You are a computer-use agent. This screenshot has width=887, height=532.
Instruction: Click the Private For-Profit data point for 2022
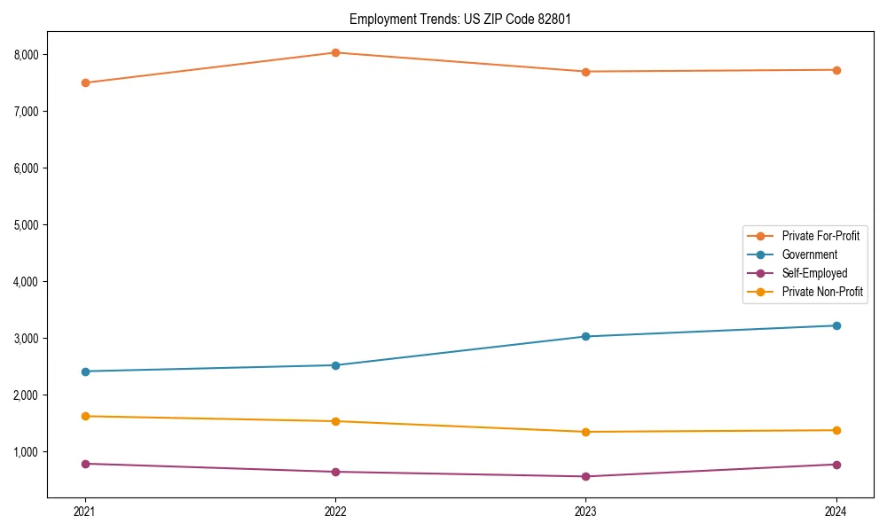tap(335, 52)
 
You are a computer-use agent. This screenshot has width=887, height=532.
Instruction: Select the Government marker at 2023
tap(585, 336)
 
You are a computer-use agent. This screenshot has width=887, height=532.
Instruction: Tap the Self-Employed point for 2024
tap(836, 465)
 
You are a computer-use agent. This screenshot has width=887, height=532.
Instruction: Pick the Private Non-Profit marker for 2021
tap(85, 416)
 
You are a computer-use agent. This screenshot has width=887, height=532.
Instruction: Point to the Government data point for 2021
tap(85, 372)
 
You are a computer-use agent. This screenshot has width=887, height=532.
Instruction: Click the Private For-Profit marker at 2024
tap(836, 70)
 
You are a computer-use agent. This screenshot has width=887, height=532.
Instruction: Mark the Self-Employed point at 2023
tap(585, 476)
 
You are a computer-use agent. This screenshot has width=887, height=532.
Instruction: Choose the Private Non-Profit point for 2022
tap(335, 421)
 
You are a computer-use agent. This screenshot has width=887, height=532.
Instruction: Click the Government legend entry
tap(809, 254)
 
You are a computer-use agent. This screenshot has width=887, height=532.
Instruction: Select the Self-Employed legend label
tap(814, 273)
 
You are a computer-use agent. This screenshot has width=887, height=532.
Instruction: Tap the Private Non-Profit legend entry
tap(821, 292)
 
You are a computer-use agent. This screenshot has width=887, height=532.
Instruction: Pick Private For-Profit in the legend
tap(820, 236)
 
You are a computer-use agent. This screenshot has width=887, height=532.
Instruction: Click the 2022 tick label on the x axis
tap(335, 512)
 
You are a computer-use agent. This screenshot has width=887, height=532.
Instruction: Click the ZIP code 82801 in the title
tap(553, 19)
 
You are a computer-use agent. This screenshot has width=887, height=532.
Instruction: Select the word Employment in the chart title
tap(381, 19)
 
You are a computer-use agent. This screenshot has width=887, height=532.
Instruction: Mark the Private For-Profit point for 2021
tap(85, 82)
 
